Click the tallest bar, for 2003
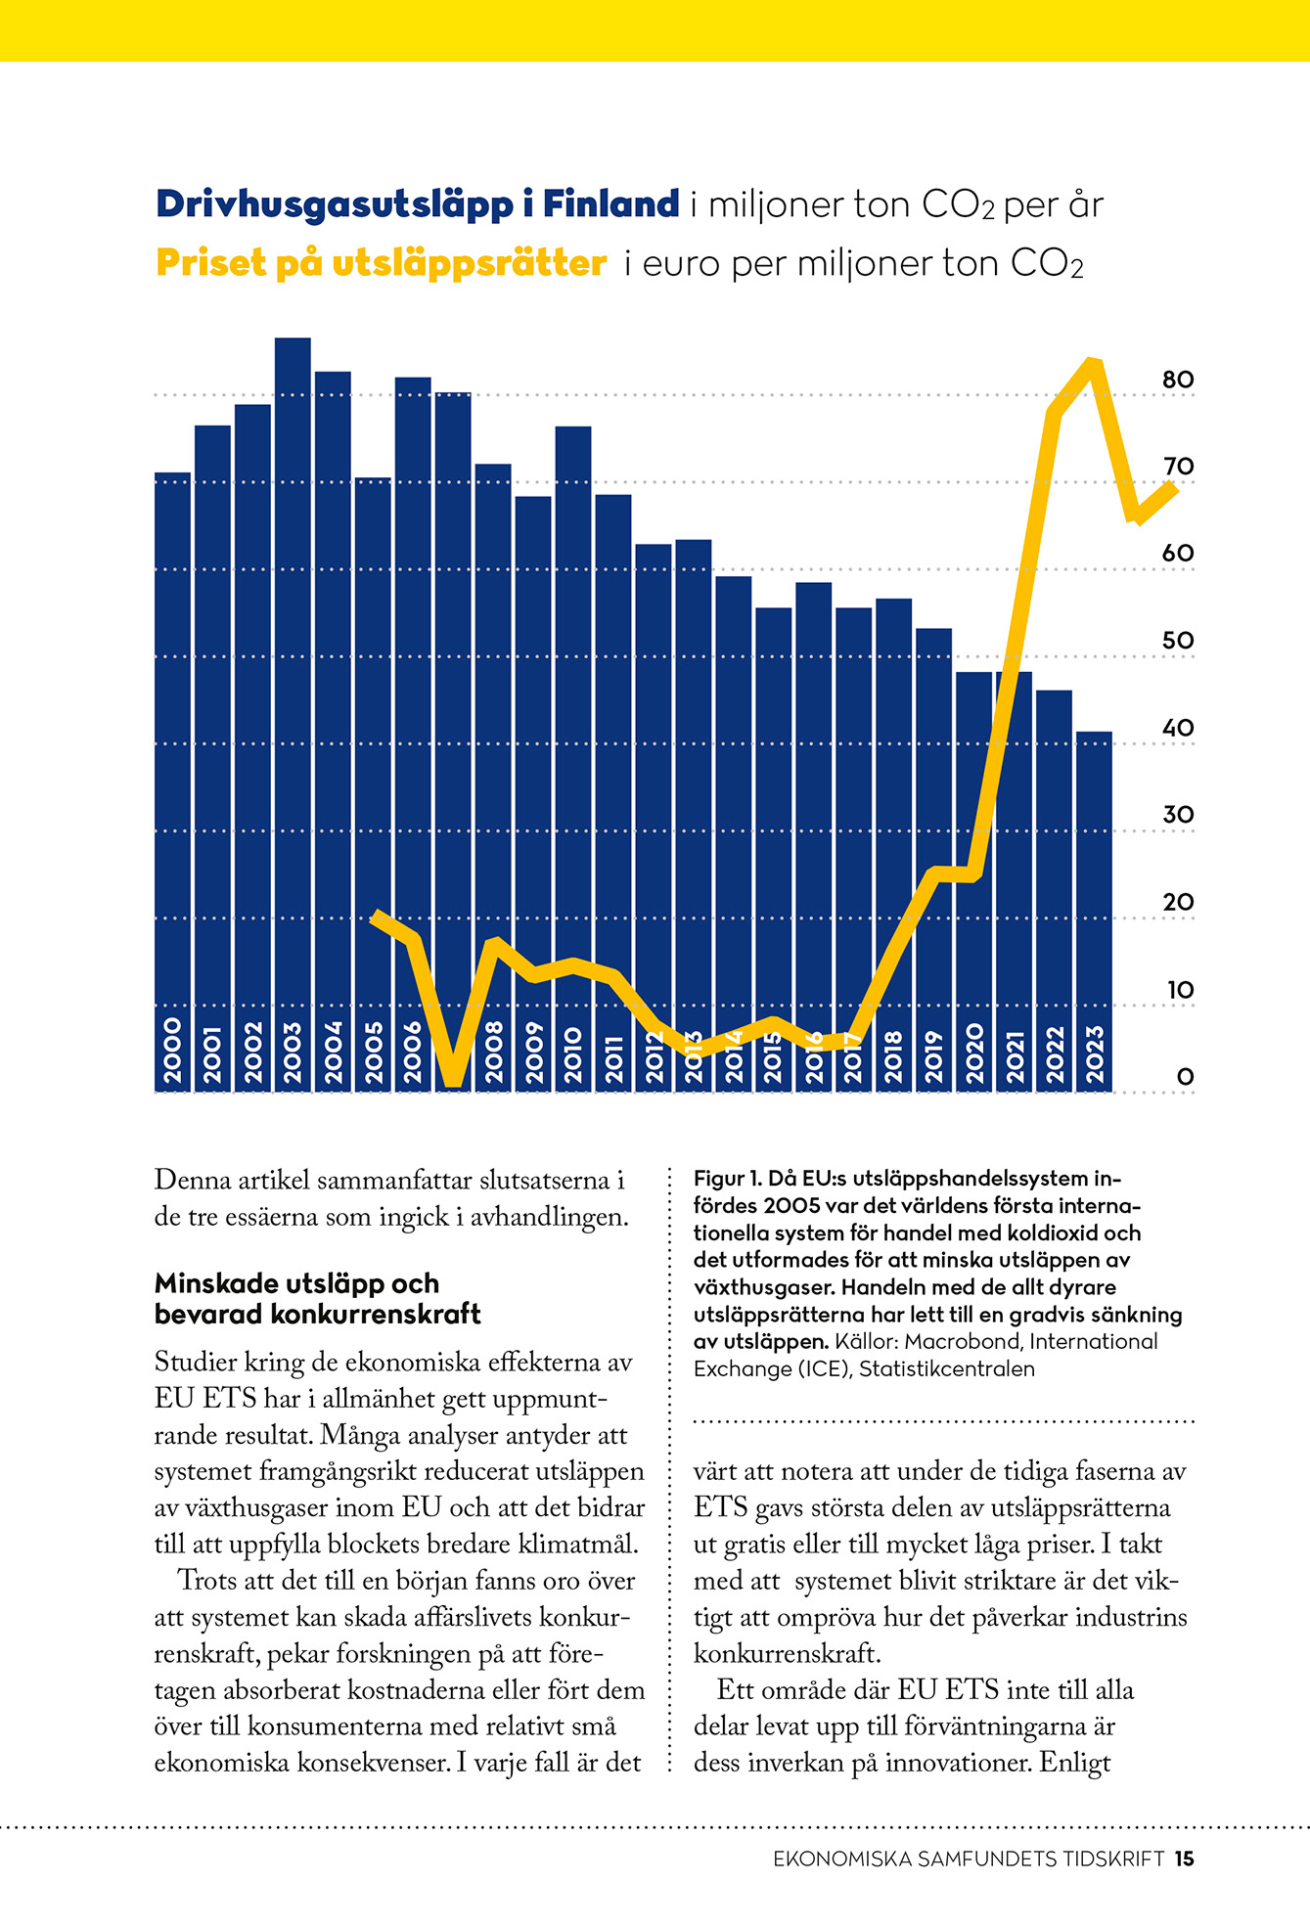point(293,714)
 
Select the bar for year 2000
point(172,782)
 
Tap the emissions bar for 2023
point(1094,912)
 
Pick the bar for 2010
point(573,759)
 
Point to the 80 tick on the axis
point(1178,380)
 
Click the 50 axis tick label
point(1178,641)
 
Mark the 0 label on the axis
point(1185,1077)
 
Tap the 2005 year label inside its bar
point(373,1053)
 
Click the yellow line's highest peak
point(1094,364)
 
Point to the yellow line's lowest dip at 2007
point(453,1080)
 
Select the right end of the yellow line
point(1172,486)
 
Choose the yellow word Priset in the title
point(210,263)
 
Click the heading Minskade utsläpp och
point(296,1283)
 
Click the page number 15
point(1185,1859)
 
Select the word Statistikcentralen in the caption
point(947,1369)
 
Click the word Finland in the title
point(611,203)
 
